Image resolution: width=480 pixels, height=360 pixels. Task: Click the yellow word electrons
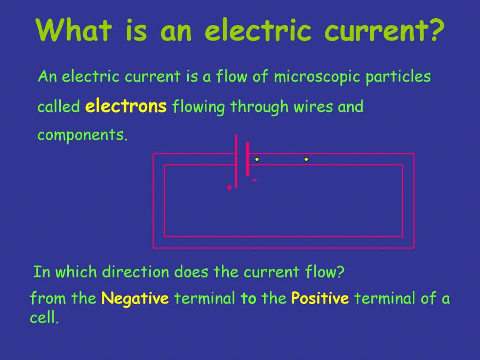coord(126,106)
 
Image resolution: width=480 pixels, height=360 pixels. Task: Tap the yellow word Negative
coord(135,298)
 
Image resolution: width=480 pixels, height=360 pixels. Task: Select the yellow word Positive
coord(320,298)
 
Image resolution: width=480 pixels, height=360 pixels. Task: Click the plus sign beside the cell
coord(229,188)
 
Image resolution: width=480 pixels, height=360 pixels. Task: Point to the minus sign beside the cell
coord(255,181)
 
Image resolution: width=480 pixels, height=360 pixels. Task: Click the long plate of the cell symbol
coord(236,160)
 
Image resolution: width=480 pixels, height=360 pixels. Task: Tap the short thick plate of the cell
coord(247,159)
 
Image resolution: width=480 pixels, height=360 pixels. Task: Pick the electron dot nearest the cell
coord(257,159)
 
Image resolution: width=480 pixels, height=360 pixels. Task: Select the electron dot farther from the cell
coord(306,159)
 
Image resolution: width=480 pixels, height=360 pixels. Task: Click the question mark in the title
coord(435,30)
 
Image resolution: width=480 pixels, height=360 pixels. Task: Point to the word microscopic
coord(317,77)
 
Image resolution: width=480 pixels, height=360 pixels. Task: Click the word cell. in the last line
coord(44,318)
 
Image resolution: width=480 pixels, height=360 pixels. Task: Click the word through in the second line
coord(260,107)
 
